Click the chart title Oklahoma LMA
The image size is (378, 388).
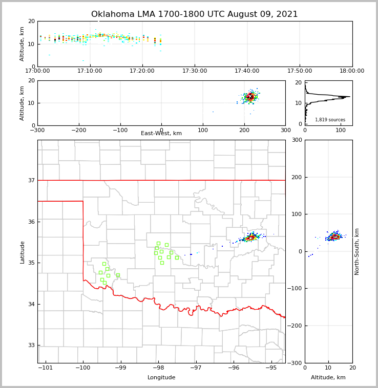[194, 14]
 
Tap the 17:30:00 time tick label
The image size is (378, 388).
[195, 71]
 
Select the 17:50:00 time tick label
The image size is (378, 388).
[300, 71]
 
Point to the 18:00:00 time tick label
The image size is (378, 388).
[351, 71]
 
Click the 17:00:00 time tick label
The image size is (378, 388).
[38, 71]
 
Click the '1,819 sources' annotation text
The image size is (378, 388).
[330, 120]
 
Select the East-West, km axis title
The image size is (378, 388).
[161, 134]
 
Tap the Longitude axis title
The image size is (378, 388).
[161, 378]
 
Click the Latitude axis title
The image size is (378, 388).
[23, 252]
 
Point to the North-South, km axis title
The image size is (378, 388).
[357, 251]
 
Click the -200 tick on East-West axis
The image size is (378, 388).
[78, 130]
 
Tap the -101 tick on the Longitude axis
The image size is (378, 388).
[46, 368]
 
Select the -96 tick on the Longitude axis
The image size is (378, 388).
[233, 368]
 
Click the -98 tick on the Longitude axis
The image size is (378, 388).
[158, 368]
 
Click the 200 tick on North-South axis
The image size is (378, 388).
[296, 177]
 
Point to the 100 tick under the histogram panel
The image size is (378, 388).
[341, 130]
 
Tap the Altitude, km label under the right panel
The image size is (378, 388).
[328, 378]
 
